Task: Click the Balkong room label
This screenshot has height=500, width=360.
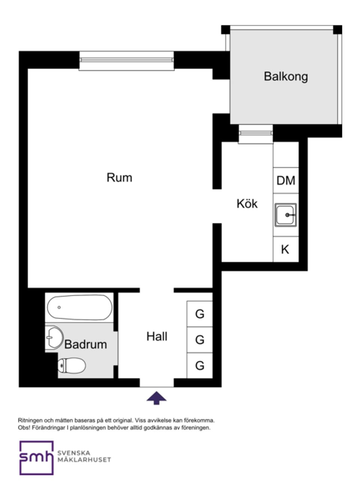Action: point(286,77)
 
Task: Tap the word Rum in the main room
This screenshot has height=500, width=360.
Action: point(119,177)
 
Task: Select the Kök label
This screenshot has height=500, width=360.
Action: point(247,204)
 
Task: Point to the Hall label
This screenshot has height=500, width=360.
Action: point(157,336)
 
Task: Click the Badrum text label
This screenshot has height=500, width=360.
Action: point(85,344)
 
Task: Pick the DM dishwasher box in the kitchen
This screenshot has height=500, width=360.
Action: point(286,180)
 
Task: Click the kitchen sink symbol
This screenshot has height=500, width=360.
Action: point(286,215)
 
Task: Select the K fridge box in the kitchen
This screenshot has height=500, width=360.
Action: point(285,249)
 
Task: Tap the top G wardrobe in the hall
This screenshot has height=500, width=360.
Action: point(200,314)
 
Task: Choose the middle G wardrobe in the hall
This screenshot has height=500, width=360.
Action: point(200,340)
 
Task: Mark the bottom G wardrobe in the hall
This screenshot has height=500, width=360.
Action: point(200,365)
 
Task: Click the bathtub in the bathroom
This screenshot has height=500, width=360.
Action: point(79,308)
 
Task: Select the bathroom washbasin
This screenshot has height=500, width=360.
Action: point(54,337)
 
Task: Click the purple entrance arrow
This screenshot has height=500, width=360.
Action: point(156,398)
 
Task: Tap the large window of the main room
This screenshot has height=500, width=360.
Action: point(126,60)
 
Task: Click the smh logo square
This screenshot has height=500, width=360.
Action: point(36,458)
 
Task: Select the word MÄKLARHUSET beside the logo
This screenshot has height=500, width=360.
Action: point(84,460)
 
